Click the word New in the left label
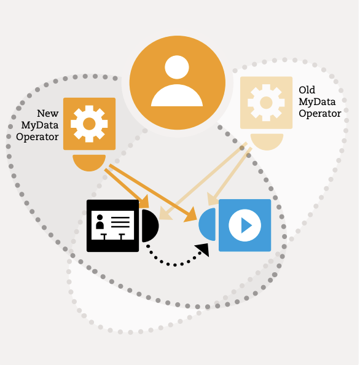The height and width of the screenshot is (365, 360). (x=48, y=113)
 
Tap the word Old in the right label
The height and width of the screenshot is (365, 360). (x=307, y=90)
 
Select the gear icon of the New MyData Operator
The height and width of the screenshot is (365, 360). (x=89, y=124)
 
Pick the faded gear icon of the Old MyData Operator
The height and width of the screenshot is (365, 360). (x=266, y=103)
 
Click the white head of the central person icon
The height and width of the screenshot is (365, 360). (x=177, y=67)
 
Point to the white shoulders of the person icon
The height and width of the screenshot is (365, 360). (x=177, y=96)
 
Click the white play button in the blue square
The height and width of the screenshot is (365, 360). (x=245, y=225)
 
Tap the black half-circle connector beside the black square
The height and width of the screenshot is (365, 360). (x=150, y=226)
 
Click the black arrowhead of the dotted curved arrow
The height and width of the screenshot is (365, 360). (x=203, y=249)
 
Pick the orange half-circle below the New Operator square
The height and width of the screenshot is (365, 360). (x=89, y=163)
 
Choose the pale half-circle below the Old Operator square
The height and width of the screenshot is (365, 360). (x=267, y=142)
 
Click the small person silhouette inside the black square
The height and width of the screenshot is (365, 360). (x=100, y=222)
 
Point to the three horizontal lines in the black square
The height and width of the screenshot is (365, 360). (x=120, y=222)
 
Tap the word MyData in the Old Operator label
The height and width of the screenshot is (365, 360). (x=317, y=102)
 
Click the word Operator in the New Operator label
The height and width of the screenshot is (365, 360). (x=37, y=137)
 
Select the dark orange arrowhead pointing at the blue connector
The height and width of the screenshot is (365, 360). (x=191, y=215)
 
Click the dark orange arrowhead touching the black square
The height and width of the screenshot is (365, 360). (x=144, y=202)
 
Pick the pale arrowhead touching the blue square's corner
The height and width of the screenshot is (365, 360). (x=212, y=199)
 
